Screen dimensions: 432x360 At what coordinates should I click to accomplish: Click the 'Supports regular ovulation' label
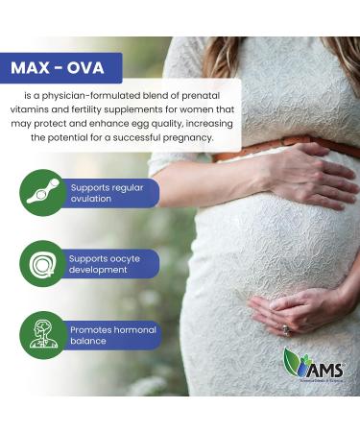(108, 193)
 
